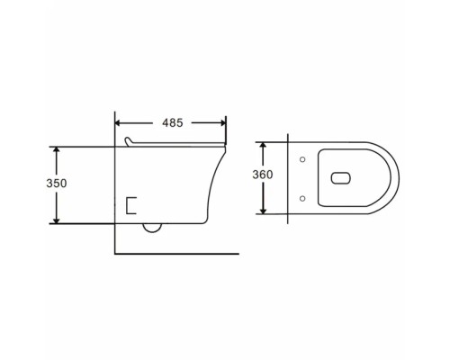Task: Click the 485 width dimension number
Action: click(x=173, y=122)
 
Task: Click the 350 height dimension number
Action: click(x=57, y=183)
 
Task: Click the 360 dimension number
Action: click(x=263, y=175)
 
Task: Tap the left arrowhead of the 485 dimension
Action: click(x=118, y=123)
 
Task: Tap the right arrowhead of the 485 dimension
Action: click(x=223, y=123)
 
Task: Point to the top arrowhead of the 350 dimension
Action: click(x=57, y=150)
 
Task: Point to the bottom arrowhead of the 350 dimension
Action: click(x=57, y=220)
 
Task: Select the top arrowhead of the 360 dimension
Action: click(x=263, y=146)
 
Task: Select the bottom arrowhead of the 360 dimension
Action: click(x=263, y=211)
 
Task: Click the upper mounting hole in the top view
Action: click(x=302, y=159)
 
